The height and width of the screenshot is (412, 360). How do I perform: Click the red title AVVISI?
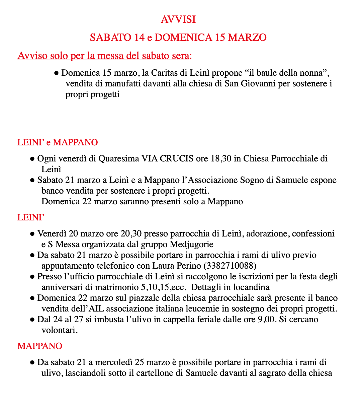[x=178, y=19]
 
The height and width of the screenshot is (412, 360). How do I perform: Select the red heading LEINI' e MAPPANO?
[x=58, y=142]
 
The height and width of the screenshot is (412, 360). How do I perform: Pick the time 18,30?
[x=221, y=158]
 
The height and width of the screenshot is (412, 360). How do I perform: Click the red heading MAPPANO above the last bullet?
[x=40, y=346]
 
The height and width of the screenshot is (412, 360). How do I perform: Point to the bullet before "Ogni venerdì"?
[x=32, y=159]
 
